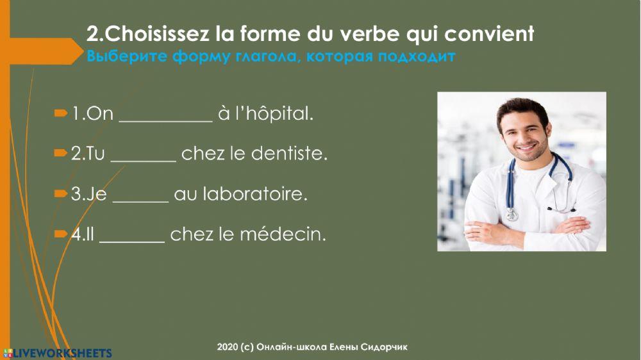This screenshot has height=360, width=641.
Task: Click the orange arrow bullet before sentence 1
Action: (61, 113)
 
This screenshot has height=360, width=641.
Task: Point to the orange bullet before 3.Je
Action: (61, 193)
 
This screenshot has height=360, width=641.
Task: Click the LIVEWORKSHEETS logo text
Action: (62, 353)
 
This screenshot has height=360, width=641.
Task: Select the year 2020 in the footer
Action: (227, 347)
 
